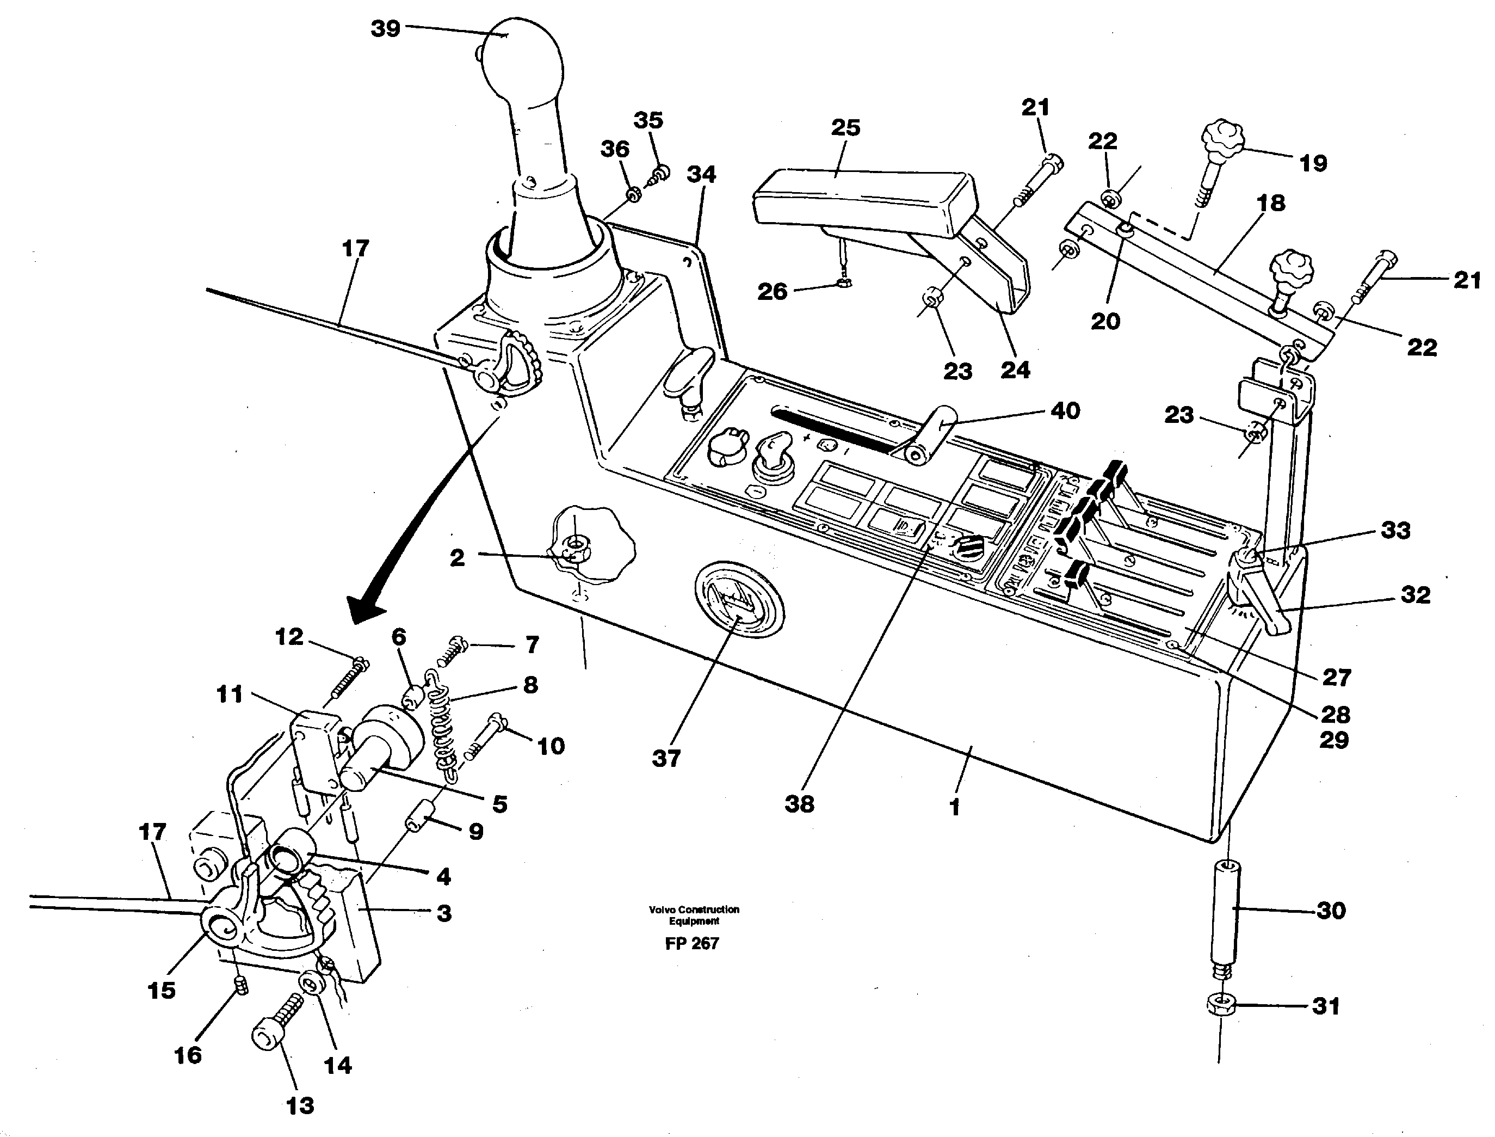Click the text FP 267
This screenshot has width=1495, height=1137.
tap(691, 943)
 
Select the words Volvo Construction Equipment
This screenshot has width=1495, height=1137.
tap(694, 915)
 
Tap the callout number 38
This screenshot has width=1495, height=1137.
tap(799, 804)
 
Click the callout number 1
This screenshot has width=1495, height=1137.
tap(954, 807)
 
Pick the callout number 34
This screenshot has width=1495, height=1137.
tap(701, 175)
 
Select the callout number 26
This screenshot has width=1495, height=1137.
tap(773, 292)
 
